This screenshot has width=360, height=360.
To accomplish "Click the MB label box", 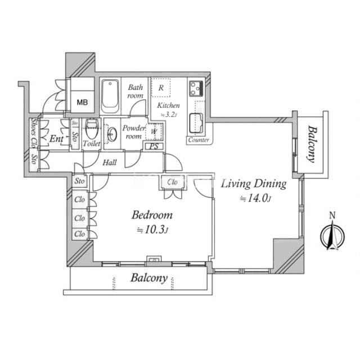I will click(x=82, y=102).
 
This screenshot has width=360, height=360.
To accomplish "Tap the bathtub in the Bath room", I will click(x=110, y=96).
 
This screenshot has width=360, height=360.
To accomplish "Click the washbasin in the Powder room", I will click(x=112, y=134).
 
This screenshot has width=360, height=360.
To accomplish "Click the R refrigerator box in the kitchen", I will click(x=161, y=88).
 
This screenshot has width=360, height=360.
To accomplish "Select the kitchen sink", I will click(x=197, y=121).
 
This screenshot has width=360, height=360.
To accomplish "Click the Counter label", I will click(x=199, y=140).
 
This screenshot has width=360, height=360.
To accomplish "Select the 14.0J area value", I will click(x=256, y=198).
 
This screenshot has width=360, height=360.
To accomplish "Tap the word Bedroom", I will click(x=152, y=215).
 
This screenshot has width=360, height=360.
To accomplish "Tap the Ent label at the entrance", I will click(x=55, y=138).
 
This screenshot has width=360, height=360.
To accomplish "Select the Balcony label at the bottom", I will click(x=149, y=278).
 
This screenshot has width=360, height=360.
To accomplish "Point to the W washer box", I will click(x=154, y=133).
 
